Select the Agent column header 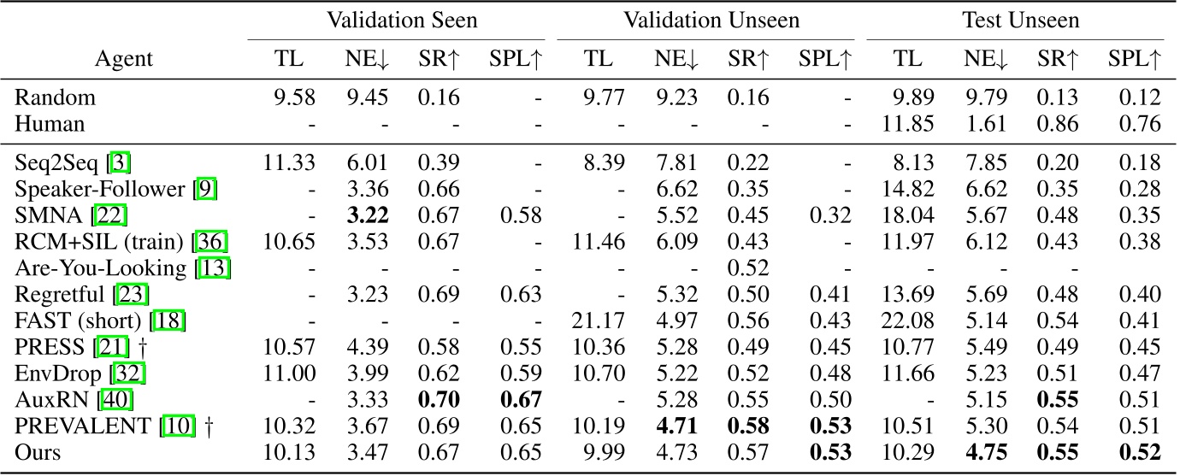click(x=125, y=59)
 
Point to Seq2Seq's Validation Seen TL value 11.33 click(x=292, y=162)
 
